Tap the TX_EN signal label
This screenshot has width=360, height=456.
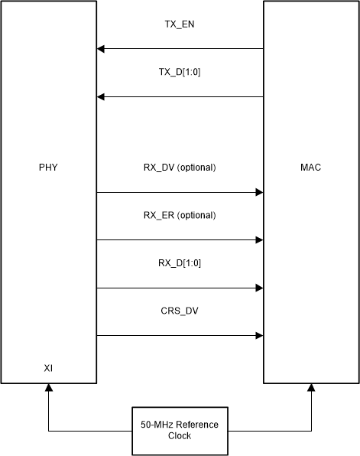[x=180, y=25]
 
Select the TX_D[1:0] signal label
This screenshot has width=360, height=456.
[x=180, y=73]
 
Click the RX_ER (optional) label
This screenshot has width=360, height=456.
[x=180, y=216]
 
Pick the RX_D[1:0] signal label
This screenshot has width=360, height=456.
[x=180, y=264]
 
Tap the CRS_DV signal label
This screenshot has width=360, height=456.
[x=180, y=311]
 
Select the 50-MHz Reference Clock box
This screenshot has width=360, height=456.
[x=180, y=429]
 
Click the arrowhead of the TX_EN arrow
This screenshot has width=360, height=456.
[x=101, y=50]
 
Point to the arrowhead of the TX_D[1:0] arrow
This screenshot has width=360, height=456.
[x=101, y=97]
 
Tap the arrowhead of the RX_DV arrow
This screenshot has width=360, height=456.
[x=259, y=193]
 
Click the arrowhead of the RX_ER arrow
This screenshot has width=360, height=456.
[x=259, y=240]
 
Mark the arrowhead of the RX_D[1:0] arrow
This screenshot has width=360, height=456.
[x=259, y=288]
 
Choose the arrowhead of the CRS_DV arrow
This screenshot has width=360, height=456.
[x=259, y=336]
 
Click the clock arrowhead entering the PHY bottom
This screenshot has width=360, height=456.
[x=48, y=388]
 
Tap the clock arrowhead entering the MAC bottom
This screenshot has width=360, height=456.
[x=311, y=388]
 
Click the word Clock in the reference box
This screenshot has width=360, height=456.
[x=180, y=435]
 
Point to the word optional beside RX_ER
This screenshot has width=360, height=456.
[x=196, y=216]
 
